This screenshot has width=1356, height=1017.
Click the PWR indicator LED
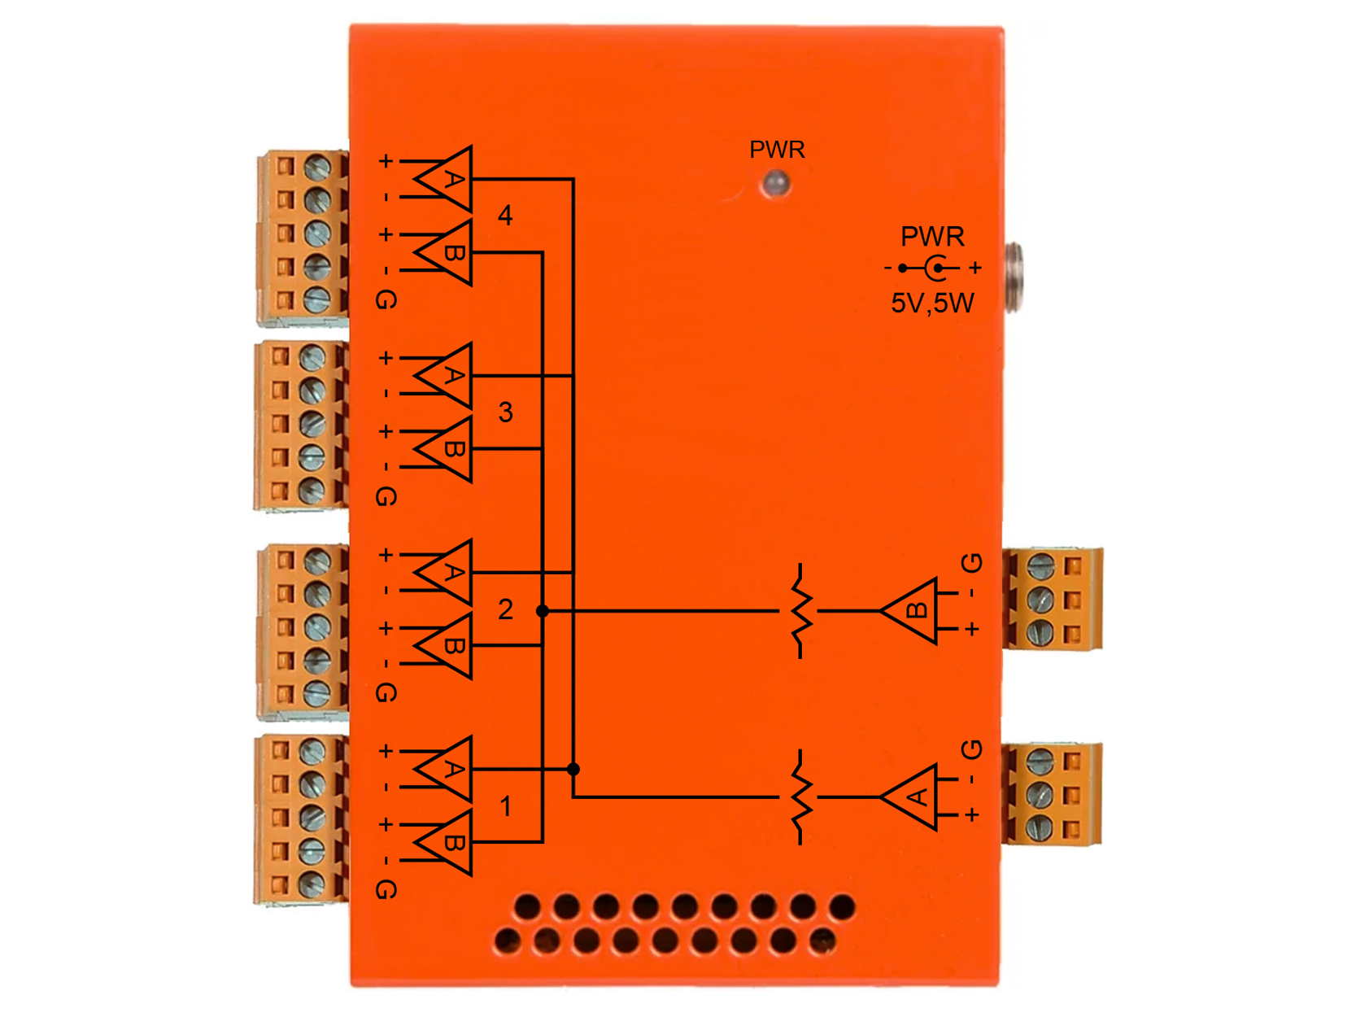775,183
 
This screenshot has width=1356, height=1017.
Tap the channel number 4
504,215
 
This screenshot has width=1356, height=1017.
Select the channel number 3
504,412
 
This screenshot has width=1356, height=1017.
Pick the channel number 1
504,805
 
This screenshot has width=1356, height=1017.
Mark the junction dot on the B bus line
542,610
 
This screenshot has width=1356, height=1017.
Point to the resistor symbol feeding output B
800,610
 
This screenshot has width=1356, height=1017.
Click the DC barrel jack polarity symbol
931,268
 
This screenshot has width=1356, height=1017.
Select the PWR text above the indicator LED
776,149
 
